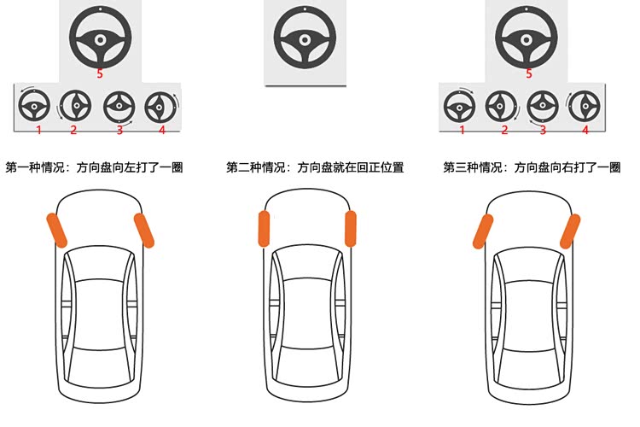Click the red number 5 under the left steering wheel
tap(100, 74)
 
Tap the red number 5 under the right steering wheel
tap(529, 74)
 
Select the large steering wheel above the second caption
tap(305, 38)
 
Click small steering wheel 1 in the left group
tap(34, 106)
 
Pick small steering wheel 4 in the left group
tap(160, 108)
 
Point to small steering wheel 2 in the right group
tap(501, 106)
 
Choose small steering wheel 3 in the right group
tap(543, 106)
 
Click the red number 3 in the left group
tap(119, 130)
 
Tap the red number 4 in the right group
tap(585, 130)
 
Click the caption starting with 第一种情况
tap(94, 167)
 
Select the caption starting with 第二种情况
tap(315, 167)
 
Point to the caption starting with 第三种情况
tap(532, 167)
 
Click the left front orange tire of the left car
tap(56, 230)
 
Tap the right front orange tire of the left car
tap(144, 230)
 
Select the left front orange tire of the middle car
tap(264, 229)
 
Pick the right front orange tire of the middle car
tap(350, 229)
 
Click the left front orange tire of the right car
tap(483, 231)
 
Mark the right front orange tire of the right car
tap(570, 231)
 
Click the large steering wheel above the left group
tap(100, 38)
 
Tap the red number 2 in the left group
tap(73, 130)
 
